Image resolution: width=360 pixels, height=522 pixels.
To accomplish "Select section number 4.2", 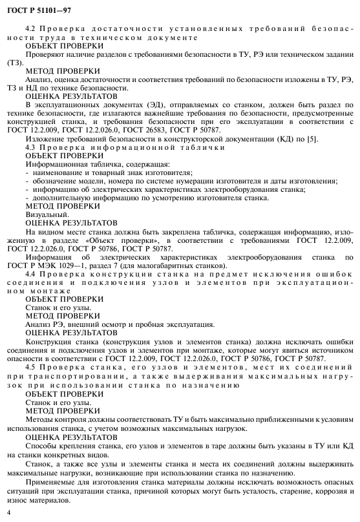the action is click(x=30, y=28).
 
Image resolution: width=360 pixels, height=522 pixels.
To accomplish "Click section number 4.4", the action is click(x=30, y=274).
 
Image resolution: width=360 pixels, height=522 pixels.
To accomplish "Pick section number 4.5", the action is click(x=30, y=367).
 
